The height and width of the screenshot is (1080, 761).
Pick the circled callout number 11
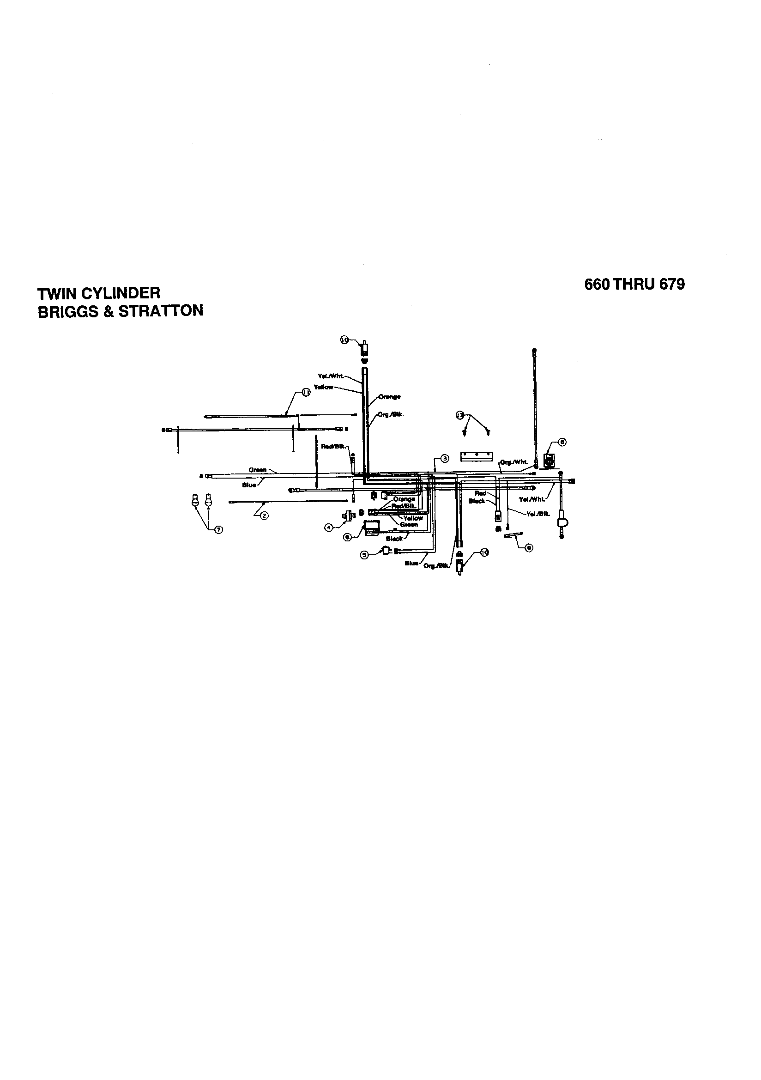click(x=306, y=393)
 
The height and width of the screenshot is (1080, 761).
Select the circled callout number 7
click(x=218, y=530)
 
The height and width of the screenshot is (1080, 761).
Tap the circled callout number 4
click(x=329, y=528)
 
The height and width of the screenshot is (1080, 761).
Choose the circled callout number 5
click(x=364, y=555)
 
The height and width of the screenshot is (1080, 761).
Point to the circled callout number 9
click(x=529, y=547)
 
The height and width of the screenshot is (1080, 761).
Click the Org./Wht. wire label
click(x=514, y=462)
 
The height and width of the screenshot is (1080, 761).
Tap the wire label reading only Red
click(x=480, y=493)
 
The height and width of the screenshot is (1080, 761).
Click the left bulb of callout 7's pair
click(x=193, y=500)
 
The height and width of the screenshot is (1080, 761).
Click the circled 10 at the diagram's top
click(x=344, y=340)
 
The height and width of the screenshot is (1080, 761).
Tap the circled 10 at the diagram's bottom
click(x=484, y=552)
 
